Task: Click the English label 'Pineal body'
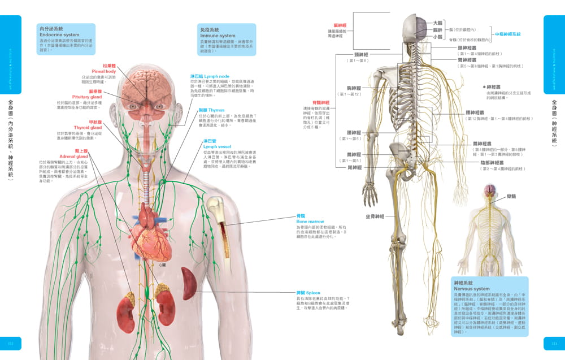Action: (x=103, y=72)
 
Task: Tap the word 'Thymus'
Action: (x=216, y=110)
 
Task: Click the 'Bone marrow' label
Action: (x=309, y=222)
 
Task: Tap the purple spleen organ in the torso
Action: (x=189, y=283)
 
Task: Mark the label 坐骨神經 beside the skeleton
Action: (x=376, y=216)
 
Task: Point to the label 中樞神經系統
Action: (x=507, y=34)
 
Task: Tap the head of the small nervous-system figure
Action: (x=489, y=192)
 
